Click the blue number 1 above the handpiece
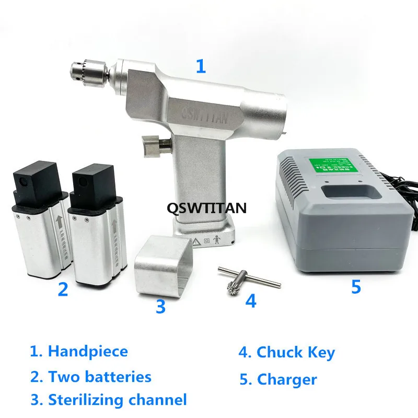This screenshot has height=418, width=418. (201, 67)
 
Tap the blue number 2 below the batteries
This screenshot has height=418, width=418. (63, 289)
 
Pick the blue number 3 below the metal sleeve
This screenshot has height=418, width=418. (160, 306)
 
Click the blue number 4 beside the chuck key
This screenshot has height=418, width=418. (251, 301)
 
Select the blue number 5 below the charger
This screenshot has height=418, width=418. (356, 286)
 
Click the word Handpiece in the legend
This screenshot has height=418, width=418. (88, 351)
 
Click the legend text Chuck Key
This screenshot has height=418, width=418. (296, 352)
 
